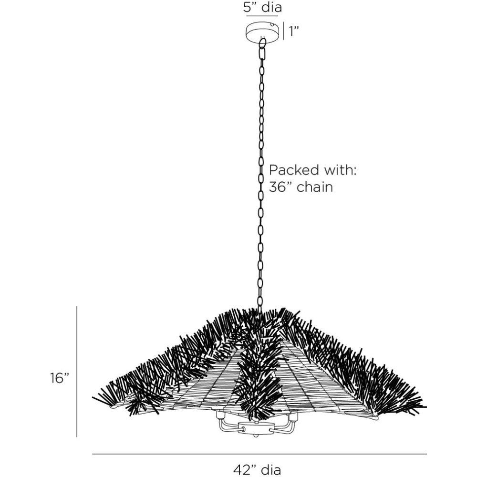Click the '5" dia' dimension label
262,7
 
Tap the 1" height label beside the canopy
294,31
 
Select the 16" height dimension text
60,378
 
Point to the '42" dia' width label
257,470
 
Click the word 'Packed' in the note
294,170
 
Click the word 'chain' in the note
314,187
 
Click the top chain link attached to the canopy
262,43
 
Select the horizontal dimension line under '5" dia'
262,16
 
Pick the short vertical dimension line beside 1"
283,31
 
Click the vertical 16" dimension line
77,372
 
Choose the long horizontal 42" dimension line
259,454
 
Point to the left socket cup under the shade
220,415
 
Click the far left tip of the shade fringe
93,397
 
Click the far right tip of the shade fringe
425,407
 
